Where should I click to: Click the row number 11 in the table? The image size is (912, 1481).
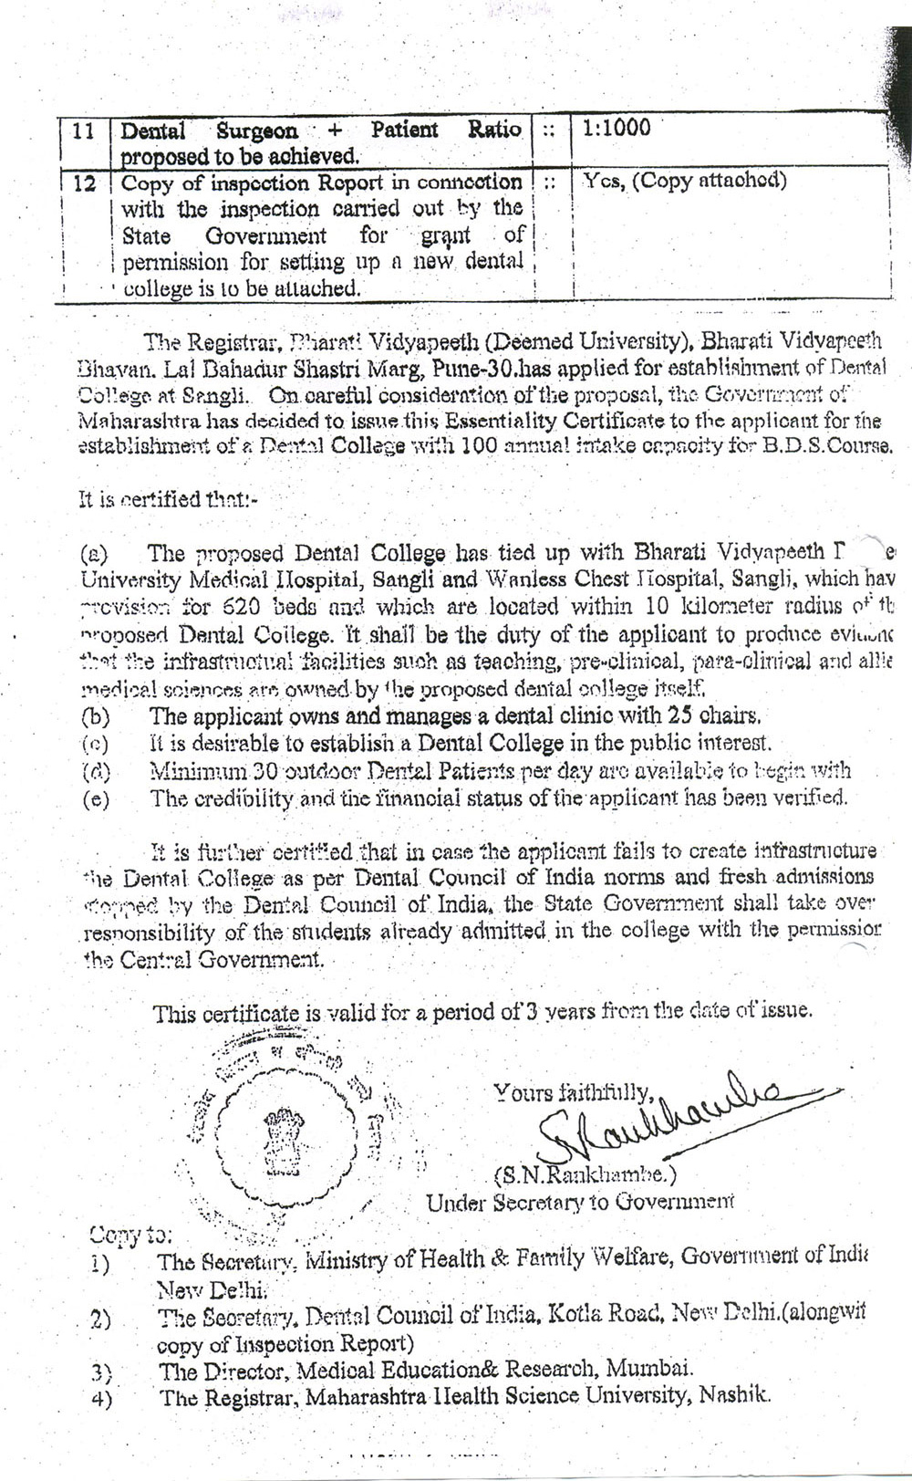point(83,130)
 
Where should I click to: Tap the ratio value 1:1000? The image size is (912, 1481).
point(617,128)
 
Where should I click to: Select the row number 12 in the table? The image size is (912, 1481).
point(85,183)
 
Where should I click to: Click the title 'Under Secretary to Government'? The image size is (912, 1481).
point(579,1202)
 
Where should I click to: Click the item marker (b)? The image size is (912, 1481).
point(95,717)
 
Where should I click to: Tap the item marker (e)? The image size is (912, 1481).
point(95,799)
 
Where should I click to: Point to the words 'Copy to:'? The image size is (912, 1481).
point(130,1236)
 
